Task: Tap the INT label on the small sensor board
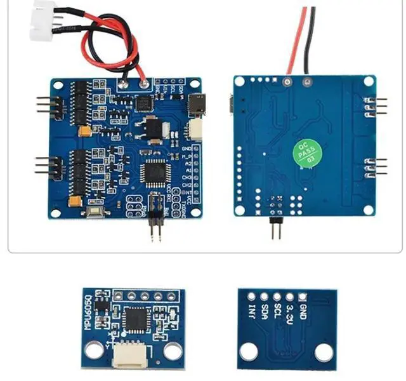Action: click(253, 312)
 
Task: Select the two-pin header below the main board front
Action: click(154, 227)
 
